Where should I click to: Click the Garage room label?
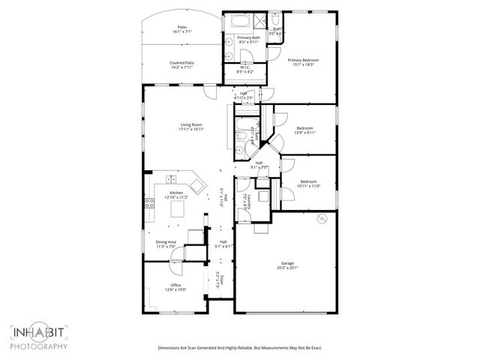point(287,263)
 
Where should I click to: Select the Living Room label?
point(191,124)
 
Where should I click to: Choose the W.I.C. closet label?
point(244,67)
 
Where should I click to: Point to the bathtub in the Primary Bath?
point(242,20)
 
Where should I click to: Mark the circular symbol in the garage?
point(321,219)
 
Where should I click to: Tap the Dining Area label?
point(166,241)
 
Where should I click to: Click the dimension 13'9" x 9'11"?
point(305,133)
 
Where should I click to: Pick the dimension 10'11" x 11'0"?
point(310,186)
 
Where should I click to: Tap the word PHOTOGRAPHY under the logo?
point(39,346)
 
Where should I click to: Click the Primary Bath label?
point(247,37)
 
